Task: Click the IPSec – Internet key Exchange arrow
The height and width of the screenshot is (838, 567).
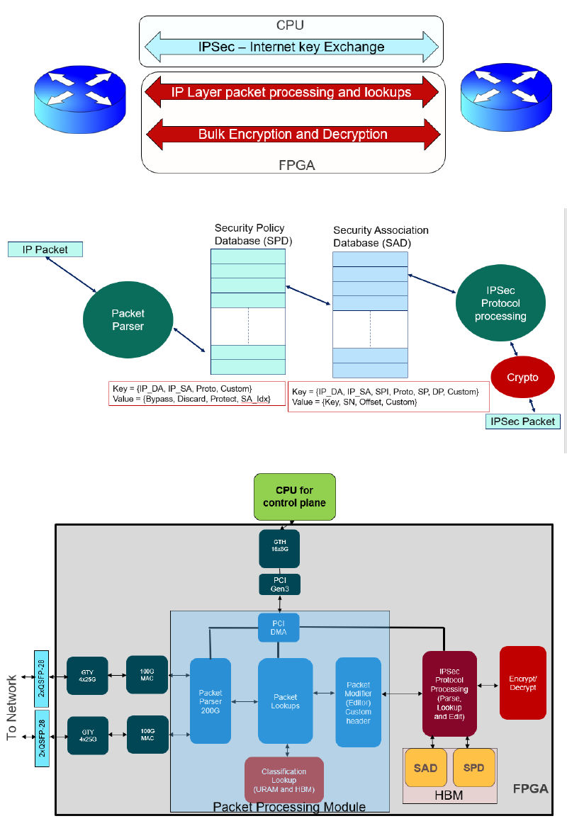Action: (291, 47)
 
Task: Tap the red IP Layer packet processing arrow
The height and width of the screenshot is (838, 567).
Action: (291, 92)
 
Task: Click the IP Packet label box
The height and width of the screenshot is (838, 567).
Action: (46, 249)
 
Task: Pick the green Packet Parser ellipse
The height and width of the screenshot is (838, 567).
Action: (128, 320)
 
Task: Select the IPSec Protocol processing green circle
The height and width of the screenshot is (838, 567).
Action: (500, 303)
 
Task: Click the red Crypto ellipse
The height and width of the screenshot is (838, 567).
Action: (522, 378)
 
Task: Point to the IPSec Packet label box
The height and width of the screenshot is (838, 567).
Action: (522, 421)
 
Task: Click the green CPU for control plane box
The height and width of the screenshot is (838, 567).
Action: (294, 497)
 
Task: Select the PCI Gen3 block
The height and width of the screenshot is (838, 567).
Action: (279, 584)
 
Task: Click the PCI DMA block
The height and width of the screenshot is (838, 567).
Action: (279, 628)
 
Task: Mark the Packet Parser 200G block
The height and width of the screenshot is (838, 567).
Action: (210, 701)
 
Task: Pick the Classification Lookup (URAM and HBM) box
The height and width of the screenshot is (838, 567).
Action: (283, 781)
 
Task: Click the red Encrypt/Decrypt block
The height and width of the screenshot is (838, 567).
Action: (523, 682)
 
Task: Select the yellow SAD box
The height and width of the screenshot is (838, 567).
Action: (425, 768)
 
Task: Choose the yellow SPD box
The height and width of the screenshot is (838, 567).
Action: (473, 768)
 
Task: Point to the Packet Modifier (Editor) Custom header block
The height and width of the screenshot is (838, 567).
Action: (358, 702)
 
